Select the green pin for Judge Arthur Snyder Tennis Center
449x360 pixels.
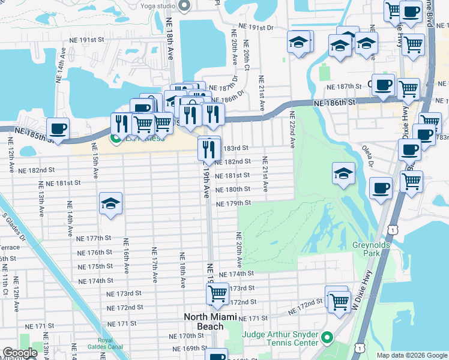click(327, 338)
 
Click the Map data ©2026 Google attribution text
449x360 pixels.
click(411, 355)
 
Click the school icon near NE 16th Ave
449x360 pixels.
click(111, 205)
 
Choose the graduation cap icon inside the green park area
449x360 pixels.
click(344, 173)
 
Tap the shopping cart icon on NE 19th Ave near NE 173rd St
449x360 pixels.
click(217, 294)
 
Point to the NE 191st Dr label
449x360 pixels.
click(256, 27)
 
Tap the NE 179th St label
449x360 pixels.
click(234, 203)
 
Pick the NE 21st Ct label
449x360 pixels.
click(261, 93)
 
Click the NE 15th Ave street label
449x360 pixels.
click(95, 161)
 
